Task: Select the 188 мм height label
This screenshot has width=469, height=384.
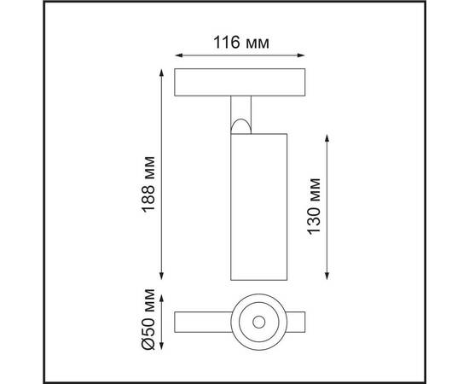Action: [x=150, y=181]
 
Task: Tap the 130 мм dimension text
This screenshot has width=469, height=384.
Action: [x=315, y=206]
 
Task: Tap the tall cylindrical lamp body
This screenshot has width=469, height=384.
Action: [x=258, y=209]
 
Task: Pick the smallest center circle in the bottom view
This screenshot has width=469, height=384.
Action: [x=258, y=323]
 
